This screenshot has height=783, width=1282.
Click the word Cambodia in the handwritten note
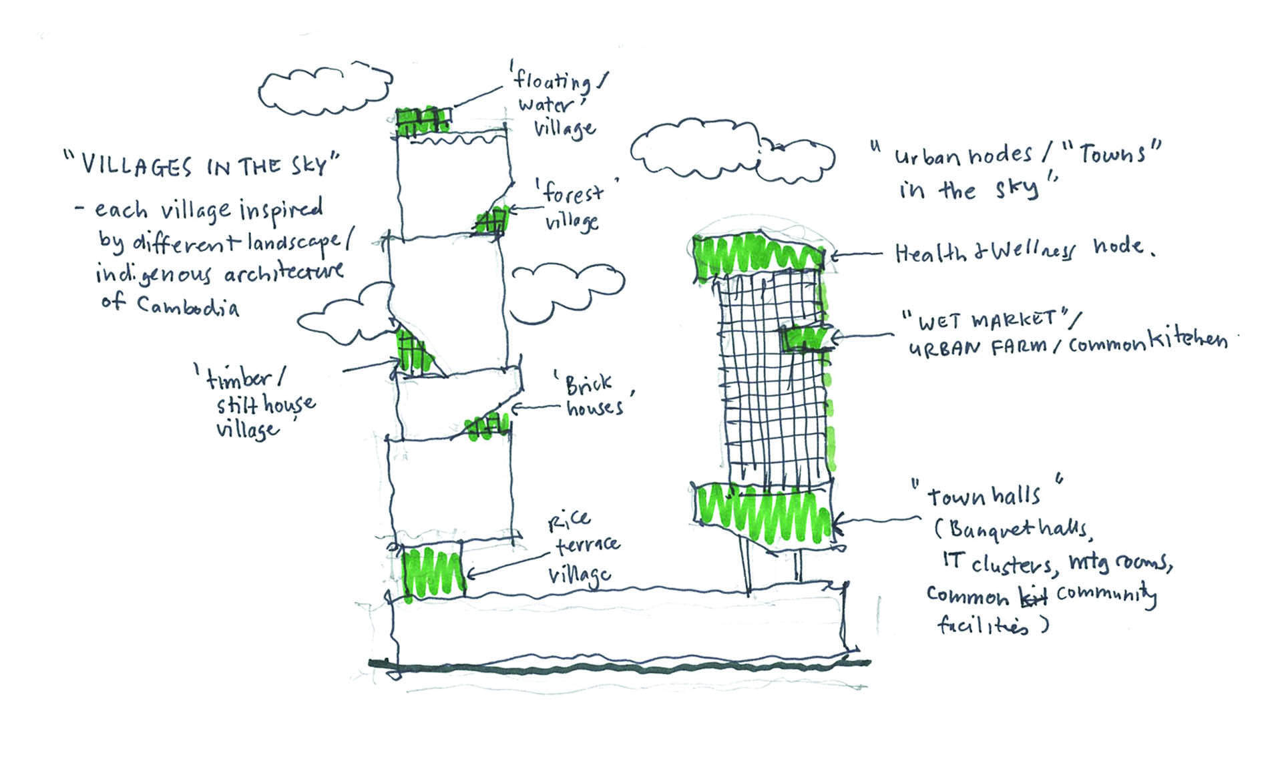coord(188,306)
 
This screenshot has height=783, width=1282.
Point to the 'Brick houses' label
coord(594,395)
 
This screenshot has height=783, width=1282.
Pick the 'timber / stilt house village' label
coord(257,405)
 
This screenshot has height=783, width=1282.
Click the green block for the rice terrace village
coord(432,571)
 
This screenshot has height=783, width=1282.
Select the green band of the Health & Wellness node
coord(758,256)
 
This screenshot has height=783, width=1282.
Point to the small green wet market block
coord(805,338)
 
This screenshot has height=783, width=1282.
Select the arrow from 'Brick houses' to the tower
coord(534,407)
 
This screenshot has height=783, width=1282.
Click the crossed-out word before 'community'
coord(1033,596)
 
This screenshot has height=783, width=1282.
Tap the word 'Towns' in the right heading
coord(1111,154)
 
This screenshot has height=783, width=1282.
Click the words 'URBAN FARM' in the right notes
coord(976,347)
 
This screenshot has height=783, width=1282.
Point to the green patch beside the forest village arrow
coord(492,221)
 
